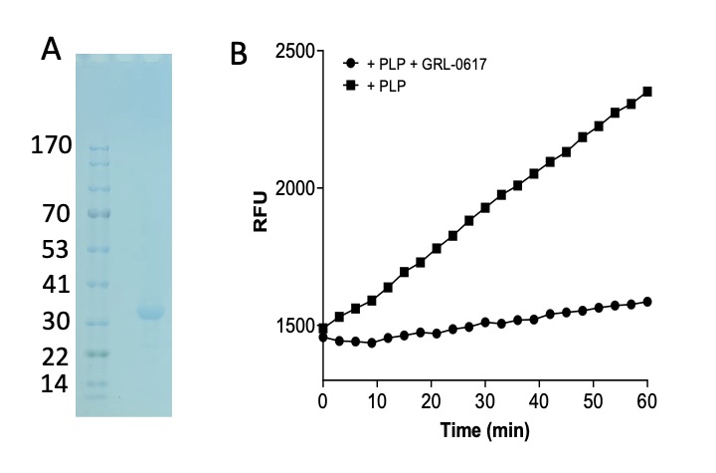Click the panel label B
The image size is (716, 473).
(x=240, y=55)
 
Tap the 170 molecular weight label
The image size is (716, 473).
(x=51, y=146)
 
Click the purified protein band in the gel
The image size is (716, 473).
(x=150, y=313)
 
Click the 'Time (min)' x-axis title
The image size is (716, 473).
(x=485, y=431)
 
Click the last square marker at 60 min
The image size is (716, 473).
(x=647, y=92)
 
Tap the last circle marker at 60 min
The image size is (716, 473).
(x=647, y=301)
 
